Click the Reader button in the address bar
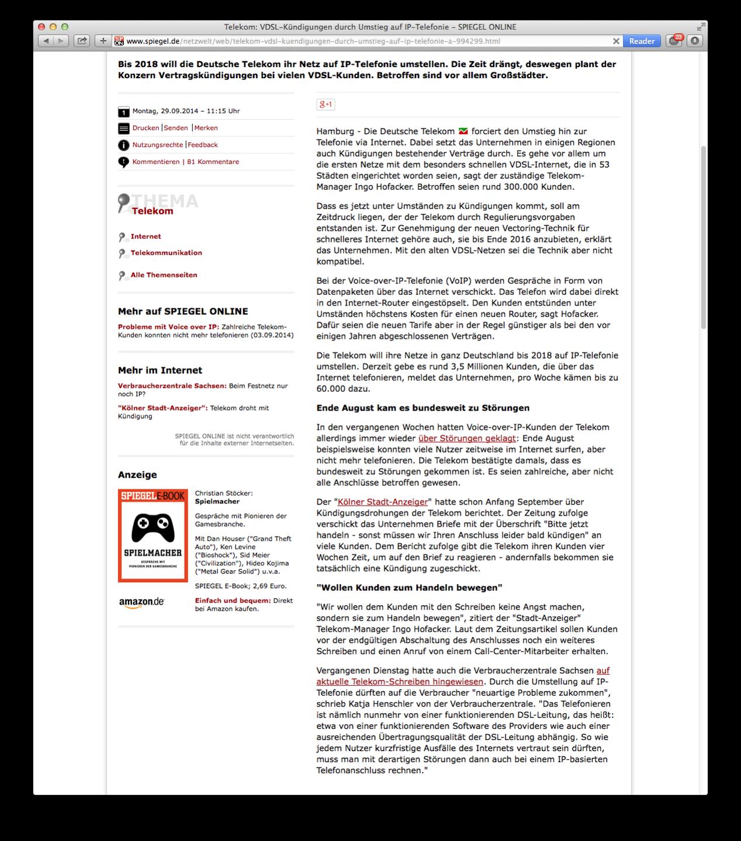(642, 41)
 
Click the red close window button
(41, 27)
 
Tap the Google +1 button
(326, 105)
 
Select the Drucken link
(146, 128)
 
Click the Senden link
(176, 128)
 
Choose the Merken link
(206, 128)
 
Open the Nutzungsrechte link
(157, 145)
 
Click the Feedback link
(203, 145)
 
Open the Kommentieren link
(155, 162)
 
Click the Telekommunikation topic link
(166, 253)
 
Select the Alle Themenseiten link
(164, 275)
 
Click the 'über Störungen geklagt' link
(467, 438)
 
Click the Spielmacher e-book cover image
(153, 536)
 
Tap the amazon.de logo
(141, 603)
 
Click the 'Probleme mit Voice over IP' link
(168, 327)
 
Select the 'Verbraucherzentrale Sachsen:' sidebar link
(172, 386)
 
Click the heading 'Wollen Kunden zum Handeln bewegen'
(409, 588)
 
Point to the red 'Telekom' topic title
(153, 211)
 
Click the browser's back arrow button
(46, 41)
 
